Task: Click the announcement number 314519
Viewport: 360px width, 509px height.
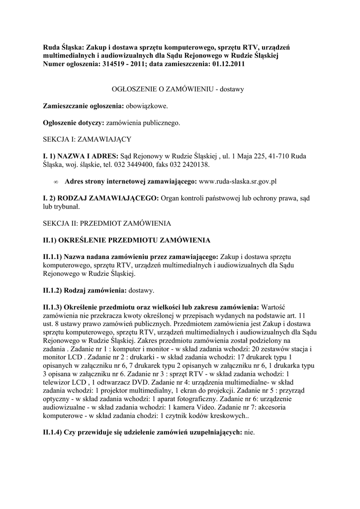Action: click(126, 64)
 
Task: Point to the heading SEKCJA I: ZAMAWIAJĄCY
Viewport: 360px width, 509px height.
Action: click(87, 139)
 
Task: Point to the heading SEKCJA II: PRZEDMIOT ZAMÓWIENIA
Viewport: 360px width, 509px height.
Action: click(107, 223)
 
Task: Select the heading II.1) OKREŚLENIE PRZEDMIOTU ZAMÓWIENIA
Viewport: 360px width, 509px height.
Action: click(127, 240)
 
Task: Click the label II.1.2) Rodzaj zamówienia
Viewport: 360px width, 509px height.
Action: click(83, 290)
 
